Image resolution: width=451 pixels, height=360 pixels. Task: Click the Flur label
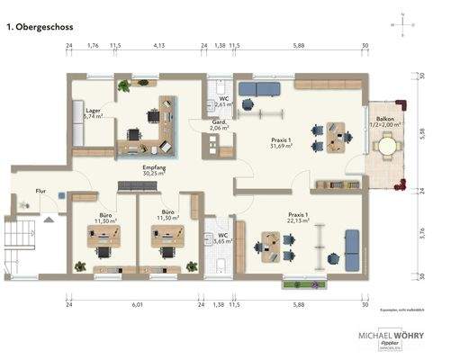(x=41, y=191)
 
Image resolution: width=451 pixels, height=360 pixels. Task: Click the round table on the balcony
(x=387, y=145)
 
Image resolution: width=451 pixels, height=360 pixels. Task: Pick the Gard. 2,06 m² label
(x=219, y=126)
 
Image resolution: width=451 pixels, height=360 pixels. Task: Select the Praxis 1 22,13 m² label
(x=298, y=219)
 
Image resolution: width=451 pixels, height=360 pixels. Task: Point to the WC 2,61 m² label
(x=225, y=102)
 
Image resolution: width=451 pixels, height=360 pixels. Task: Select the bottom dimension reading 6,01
(x=137, y=304)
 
